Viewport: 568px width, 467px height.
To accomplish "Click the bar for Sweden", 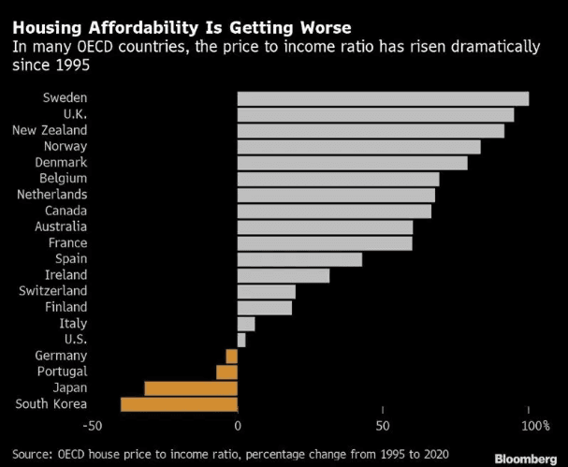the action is (x=384, y=99).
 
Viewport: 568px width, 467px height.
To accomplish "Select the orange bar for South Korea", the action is (x=180, y=404).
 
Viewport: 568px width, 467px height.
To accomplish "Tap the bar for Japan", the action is (x=191, y=388).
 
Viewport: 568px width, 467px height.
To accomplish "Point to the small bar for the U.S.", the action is (x=241, y=341).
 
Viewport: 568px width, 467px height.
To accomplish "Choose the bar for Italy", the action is (x=246, y=324).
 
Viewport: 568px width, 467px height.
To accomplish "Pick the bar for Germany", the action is (x=232, y=357).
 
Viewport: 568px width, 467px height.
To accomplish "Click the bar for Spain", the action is (x=300, y=260).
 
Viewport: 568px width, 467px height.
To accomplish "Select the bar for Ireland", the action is (x=284, y=276).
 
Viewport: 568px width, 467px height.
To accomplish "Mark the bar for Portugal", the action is (x=227, y=372).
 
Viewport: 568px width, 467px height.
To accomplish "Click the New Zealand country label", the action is (x=50, y=130).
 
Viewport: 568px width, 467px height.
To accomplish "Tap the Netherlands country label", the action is (x=52, y=195).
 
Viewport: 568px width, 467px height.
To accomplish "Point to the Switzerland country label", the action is (x=53, y=291).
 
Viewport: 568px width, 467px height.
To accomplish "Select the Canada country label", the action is (x=66, y=211).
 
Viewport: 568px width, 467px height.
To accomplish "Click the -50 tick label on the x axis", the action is (x=93, y=426).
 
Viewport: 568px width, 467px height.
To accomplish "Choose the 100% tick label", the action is (x=536, y=426).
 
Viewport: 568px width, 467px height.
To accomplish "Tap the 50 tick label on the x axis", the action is (x=383, y=426).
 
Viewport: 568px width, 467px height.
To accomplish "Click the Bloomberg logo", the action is (x=526, y=459).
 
